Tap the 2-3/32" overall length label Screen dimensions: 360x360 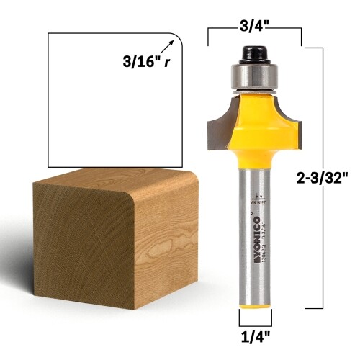[x=326, y=176]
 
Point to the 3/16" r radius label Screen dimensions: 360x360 [x=146, y=62]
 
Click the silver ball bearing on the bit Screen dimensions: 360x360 [x=254, y=78]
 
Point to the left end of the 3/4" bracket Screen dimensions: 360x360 [x=208, y=36]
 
